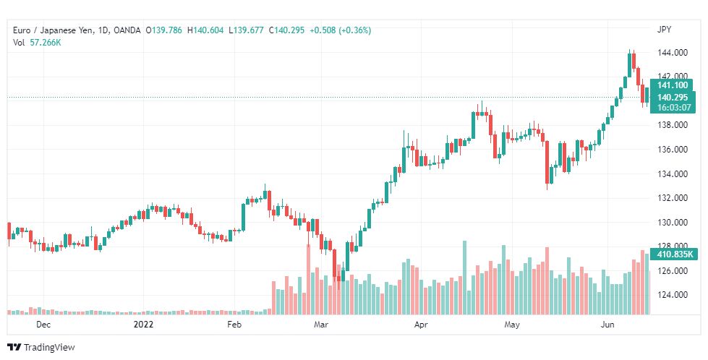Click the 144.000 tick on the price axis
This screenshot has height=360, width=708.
coord(672,52)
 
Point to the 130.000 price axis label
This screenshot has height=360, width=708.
coord(672,222)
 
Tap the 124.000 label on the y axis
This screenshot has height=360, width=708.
coord(672,295)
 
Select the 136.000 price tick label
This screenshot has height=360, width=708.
coord(672,149)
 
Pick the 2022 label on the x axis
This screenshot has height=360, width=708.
coord(145,325)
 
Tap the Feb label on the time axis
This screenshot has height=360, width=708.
coord(234,325)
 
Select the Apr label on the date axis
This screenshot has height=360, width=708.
coord(420,325)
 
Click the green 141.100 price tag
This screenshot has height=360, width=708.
coord(672,85)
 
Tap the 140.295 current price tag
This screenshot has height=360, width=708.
coord(672,97)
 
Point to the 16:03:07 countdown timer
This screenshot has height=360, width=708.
coord(672,108)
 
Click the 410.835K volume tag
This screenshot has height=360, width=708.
coord(675,254)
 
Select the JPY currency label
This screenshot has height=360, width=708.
coord(664,30)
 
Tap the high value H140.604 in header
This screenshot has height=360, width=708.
coord(206,30)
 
